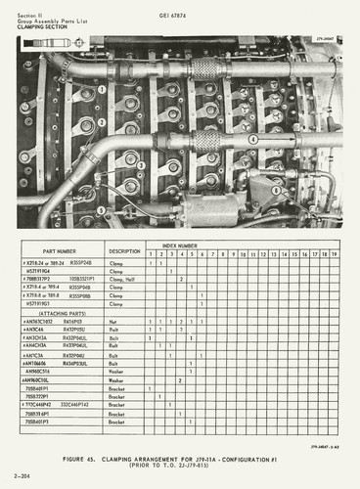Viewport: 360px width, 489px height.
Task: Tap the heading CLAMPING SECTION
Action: coord(42,27)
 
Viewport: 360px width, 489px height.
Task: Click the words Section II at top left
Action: coord(30,9)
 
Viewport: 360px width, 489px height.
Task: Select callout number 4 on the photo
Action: coord(252,139)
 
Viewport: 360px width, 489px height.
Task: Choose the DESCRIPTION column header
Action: coord(124,251)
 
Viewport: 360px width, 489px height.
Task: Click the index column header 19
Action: coord(335,254)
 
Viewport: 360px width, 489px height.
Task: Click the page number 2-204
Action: coord(21,475)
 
